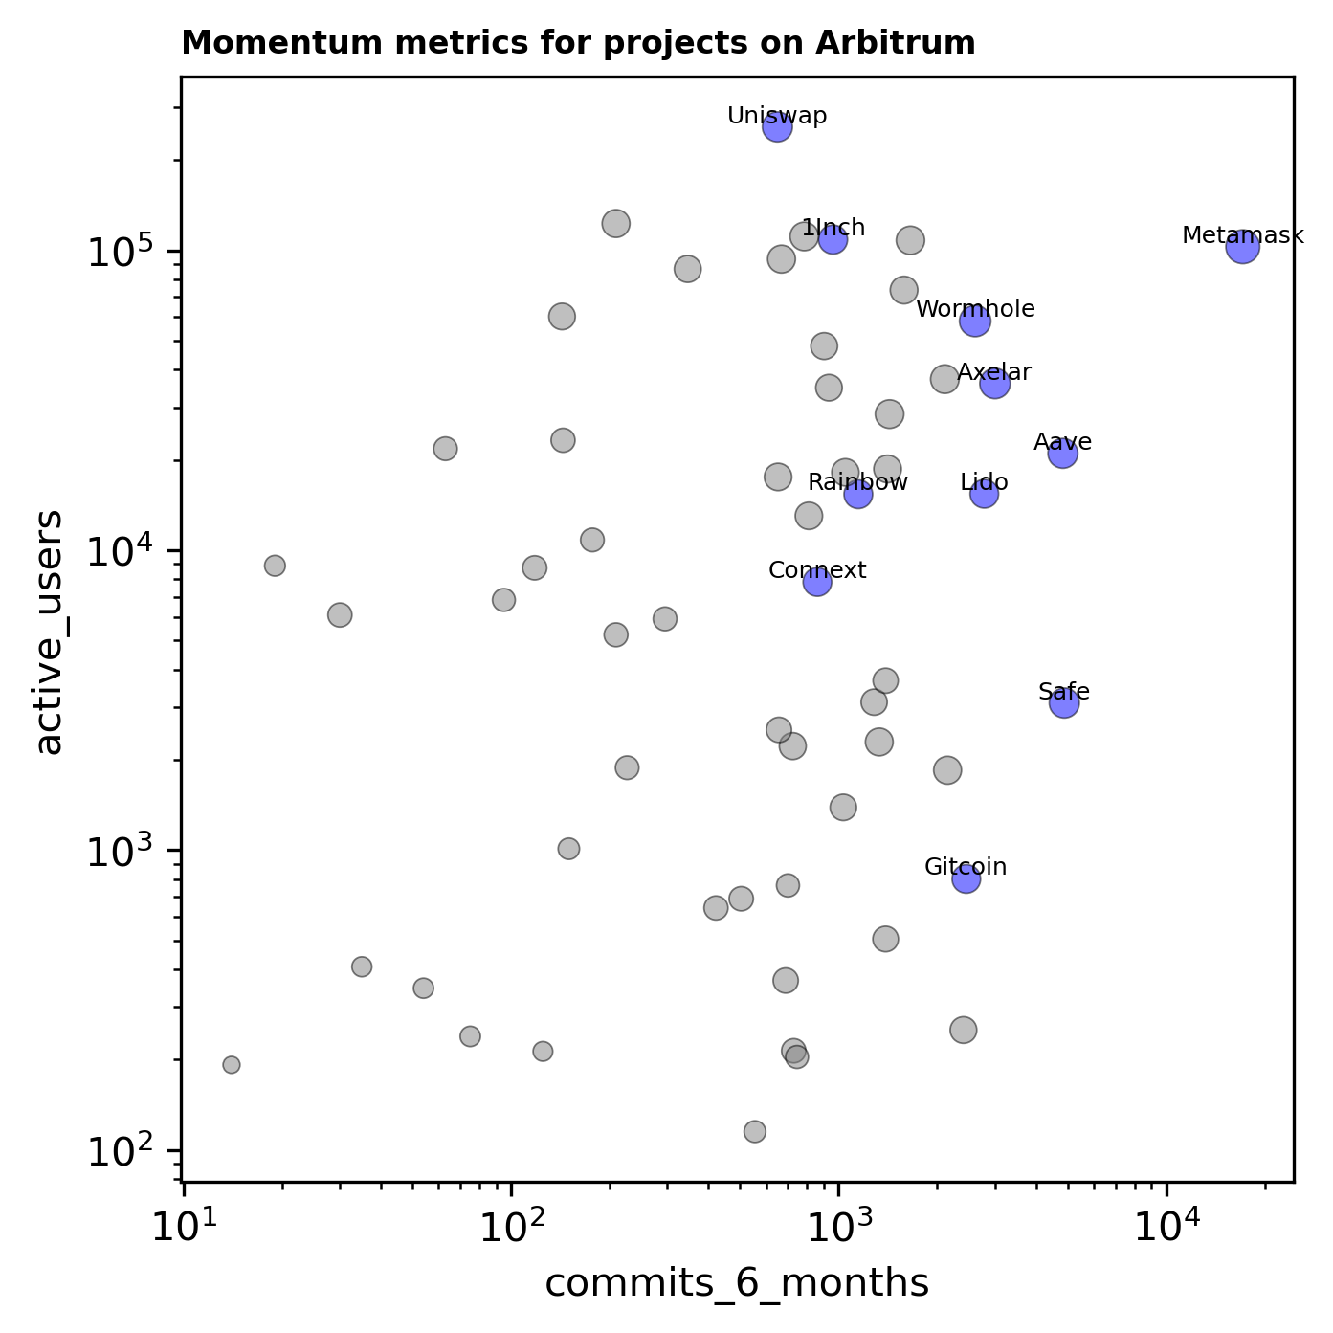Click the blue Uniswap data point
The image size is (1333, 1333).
(777, 126)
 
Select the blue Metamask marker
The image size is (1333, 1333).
(1242, 247)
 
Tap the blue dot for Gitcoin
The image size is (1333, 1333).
(966, 878)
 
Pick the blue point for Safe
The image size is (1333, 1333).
(1064, 703)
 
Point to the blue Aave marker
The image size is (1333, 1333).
(1062, 453)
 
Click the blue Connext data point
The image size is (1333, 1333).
(817, 582)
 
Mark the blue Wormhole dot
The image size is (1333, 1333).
(975, 322)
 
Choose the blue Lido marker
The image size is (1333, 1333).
(984, 494)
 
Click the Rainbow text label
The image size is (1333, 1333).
(857, 482)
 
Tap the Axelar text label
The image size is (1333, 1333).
(994, 372)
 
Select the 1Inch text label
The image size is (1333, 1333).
(833, 228)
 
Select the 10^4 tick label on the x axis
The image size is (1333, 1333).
(1166, 1227)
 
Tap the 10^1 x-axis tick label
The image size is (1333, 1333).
(182, 1227)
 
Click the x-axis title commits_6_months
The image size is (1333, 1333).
(737, 1284)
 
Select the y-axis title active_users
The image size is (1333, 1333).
(50, 632)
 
